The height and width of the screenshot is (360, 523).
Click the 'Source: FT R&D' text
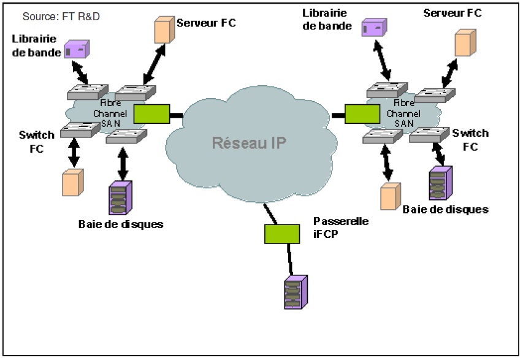[x=61, y=17]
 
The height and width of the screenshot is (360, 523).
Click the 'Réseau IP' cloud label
[x=248, y=143]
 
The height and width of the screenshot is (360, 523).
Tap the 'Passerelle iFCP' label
[x=340, y=226]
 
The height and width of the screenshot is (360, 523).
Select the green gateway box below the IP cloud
[x=282, y=233]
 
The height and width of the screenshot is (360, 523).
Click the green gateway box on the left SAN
[x=151, y=114]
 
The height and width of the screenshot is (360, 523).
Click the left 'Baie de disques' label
[x=121, y=224]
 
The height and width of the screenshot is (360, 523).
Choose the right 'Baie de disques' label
[x=445, y=209]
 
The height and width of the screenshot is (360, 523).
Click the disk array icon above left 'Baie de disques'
[x=119, y=197]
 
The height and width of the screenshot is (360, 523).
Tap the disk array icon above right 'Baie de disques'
[x=438, y=183]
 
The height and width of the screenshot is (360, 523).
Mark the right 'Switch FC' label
[x=470, y=139]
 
